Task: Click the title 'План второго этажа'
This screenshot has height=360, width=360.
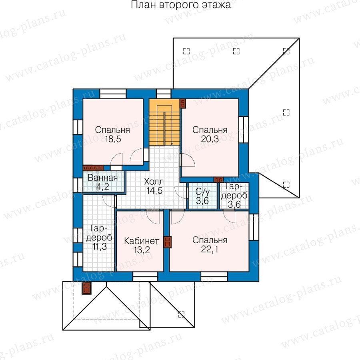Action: click(x=181, y=5)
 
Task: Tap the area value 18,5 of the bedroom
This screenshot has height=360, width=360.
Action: click(x=113, y=139)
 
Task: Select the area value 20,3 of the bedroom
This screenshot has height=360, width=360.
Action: click(x=210, y=139)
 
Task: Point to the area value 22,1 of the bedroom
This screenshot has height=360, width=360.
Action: click(x=210, y=249)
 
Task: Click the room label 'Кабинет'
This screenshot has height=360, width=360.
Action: click(x=141, y=241)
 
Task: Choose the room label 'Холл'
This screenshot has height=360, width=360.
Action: click(x=154, y=182)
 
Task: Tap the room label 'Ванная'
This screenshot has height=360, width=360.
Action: click(x=103, y=178)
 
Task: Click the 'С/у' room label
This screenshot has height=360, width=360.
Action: click(x=202, y=191)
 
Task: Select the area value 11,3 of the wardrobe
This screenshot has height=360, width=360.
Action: click(x=100, y=246)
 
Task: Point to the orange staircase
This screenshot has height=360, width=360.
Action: click(x=164, y=122)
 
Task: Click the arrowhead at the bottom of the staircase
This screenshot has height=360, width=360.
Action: click(x=172, y=144)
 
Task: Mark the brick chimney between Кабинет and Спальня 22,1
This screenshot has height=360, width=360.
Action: click(x=167, y=242)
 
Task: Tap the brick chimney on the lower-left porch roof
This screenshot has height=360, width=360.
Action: click(x=87, y=288)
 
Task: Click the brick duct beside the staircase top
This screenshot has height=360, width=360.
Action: click(x=183, y=104)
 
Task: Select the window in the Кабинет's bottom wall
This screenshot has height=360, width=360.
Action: click(x=145, y=276)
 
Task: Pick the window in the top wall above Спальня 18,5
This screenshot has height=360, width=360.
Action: click(x=113, y=94)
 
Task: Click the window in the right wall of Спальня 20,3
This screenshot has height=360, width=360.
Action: click(x=243, y=130)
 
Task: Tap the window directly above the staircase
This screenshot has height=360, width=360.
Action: click(x=164, y=94)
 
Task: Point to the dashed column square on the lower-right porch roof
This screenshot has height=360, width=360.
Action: click(x=181, y=314)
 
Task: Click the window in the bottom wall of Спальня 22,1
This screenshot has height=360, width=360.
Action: click(x=214, y=276)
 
